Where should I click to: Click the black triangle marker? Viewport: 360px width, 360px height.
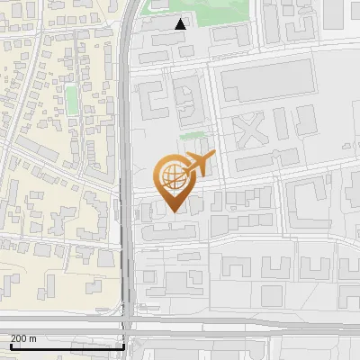point(181,24)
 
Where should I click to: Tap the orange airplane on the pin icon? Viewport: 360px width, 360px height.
point(201,165)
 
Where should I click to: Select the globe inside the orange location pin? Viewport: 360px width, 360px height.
point(172,175)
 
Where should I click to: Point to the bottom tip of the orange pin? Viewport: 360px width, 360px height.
point(173,211)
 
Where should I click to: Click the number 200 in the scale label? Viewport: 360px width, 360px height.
point(18,337)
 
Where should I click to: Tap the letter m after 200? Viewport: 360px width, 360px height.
point(33,337)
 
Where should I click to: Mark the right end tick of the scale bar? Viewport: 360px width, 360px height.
point(123,346)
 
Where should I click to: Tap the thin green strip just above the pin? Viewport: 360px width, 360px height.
point(191,137)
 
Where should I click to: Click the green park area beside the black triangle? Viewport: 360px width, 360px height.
point(216,13)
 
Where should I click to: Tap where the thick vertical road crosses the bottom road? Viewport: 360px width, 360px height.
point(128,321)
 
